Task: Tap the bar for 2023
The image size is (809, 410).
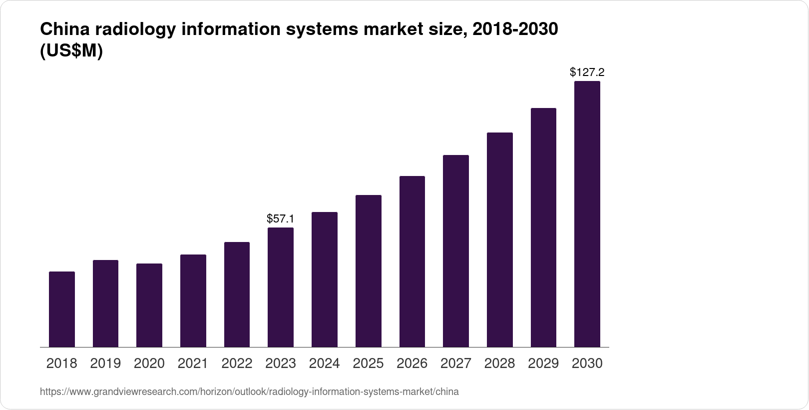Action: point(281,287)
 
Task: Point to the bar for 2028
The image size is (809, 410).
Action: point(499,239)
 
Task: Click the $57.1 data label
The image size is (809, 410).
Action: point(281,218)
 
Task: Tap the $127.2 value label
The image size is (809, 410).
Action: point(587,72)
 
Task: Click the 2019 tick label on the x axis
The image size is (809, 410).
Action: point(105,363)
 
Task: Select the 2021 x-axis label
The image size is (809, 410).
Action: point(193,363)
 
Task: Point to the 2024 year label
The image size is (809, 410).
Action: point(325,363)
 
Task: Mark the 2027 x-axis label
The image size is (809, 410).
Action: point(456,363)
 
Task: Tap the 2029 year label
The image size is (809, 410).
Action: point(543,363)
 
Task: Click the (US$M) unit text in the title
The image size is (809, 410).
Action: point(71,51)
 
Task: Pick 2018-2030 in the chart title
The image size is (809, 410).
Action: point(515,29)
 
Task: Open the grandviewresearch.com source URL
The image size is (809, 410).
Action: point(249,391)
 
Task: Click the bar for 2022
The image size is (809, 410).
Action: point(237,294)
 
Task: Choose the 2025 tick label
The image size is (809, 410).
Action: point(368,363)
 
